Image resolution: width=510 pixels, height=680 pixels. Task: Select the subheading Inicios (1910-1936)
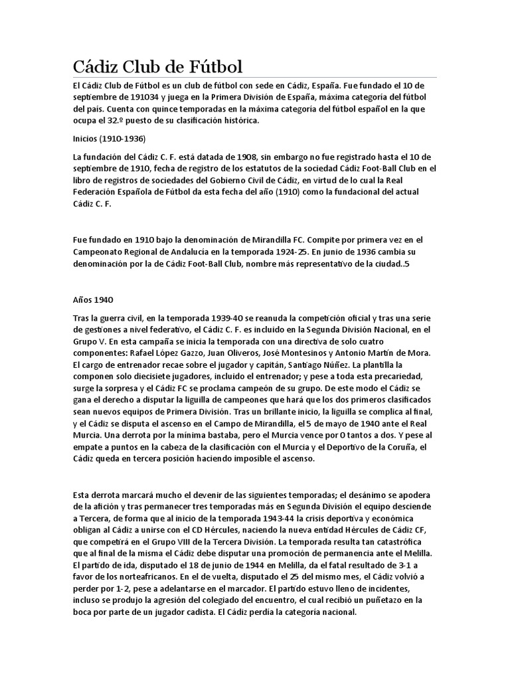[109, 139]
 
